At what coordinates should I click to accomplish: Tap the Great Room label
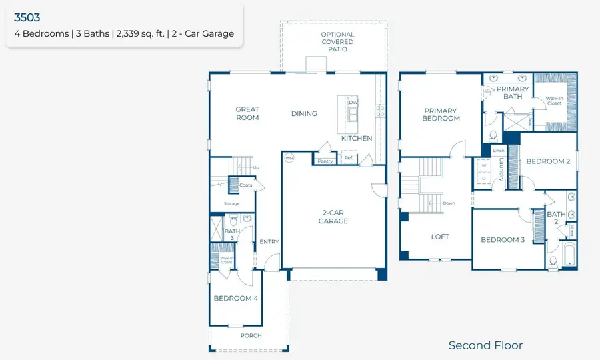(247, 113)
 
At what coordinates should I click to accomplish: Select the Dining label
(304, 113)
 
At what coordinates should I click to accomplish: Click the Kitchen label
(357, 139)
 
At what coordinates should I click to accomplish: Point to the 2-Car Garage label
(333, 216)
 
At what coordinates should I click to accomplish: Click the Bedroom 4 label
(235, 299)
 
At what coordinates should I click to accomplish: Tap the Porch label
(251, 335)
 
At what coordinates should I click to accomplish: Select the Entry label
(269, 242)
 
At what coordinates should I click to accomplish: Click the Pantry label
(325, 161)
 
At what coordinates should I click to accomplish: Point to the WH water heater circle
(289, 159)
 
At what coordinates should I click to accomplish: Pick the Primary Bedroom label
(441, 114)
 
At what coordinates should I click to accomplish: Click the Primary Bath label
(512, 93)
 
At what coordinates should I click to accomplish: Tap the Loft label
(440, 237)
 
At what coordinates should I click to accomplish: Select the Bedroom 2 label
(547, 161)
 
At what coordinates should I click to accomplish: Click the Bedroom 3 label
(502, 240)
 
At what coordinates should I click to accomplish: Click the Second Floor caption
(485, 345)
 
